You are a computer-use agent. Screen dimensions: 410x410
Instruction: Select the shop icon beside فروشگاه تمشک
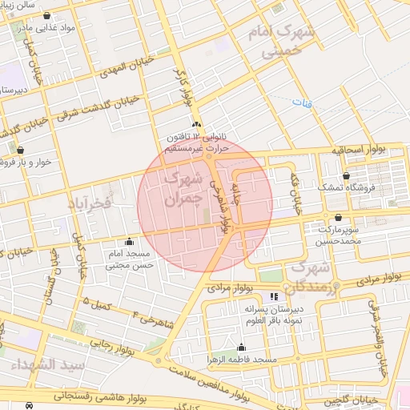346,175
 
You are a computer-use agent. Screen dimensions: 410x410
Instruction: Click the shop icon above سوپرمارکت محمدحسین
339,217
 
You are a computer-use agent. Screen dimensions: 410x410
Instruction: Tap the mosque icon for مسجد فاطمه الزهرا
241,347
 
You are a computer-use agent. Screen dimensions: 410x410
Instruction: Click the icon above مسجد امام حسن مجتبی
130,242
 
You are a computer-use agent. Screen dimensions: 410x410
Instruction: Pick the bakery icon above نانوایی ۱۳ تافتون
196,124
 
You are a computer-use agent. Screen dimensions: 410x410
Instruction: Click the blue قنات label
300,103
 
